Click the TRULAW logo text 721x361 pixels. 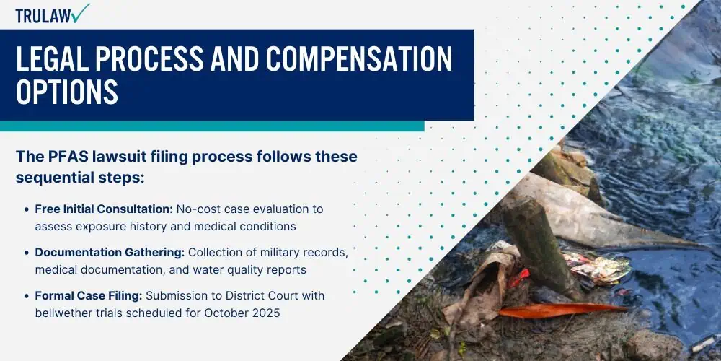click(x=44, y=16)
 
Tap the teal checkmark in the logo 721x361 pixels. click(x=81, y=12)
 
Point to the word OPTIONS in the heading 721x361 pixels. click(x=67, y=91)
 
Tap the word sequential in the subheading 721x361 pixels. click(x=58, y=178)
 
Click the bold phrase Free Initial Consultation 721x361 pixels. click(x=104, y=209)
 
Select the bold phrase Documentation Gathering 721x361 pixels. click(x=110, y=252)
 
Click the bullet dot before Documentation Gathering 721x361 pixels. click(x=27, y=253)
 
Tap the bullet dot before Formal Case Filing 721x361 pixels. click(x=27, y=296)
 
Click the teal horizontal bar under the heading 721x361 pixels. click(x=212, y=126)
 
